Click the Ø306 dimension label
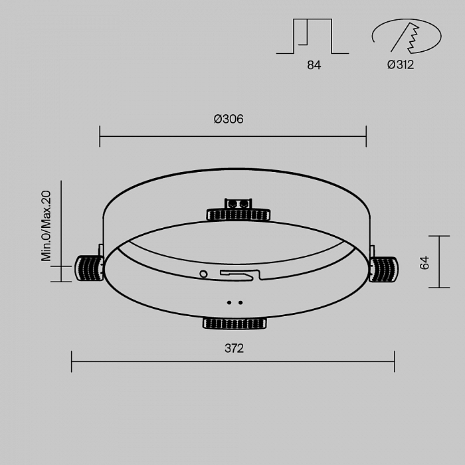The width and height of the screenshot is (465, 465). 229,120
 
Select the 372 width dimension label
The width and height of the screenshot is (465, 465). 234,348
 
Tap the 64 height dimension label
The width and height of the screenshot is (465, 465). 425,262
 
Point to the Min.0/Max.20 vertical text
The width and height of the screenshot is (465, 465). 46,226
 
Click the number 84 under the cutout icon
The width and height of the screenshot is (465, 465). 314,65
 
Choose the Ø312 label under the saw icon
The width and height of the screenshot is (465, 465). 401,65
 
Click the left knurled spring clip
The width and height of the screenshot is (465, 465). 88,268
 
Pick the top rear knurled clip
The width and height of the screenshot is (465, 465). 238,215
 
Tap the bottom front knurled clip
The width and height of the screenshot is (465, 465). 234,324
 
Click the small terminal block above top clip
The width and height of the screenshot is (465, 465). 238,203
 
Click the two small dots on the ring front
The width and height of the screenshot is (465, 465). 234,302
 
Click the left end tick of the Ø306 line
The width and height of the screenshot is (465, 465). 100,136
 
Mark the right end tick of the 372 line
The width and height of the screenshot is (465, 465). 395,361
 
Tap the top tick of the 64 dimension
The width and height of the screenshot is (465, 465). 439,236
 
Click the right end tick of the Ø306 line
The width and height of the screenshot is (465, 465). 366,136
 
